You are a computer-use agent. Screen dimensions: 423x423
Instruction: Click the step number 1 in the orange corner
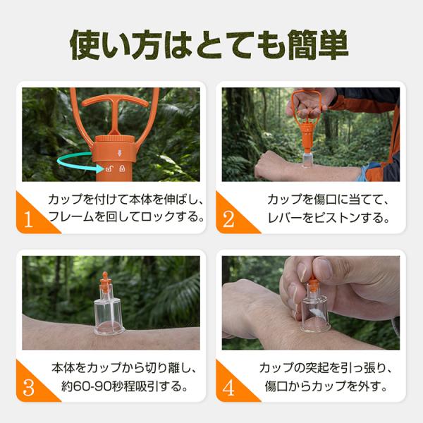pyautogui.click(x=28, y=219)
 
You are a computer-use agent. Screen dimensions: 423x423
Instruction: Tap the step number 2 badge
pyautogui.click(x=228, y=219)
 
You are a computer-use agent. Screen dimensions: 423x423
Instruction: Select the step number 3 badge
pyautogui.click(x=29, y=388)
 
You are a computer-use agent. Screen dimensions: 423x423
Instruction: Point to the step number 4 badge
pyautogui.click(x=228, y=388)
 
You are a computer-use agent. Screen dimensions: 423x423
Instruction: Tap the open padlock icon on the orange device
pyautogui.click(x=109, y=169)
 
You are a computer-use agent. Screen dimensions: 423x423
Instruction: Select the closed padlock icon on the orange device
pyautogui.click(x=122, y=168)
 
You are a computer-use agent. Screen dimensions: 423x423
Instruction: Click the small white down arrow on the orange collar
pyautogui.click(x=120, y=153)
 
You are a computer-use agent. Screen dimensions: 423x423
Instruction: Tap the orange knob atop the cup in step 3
pyautogui.click(x=104, y=282)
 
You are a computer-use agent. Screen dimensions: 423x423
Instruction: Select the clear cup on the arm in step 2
pyautogui.click(x=307, y=160)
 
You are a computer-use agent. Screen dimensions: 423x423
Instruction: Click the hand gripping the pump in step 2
pyautogui.click(x=310, y=104)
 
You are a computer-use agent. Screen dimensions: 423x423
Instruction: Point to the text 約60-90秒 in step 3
pyautogui.click(x=91, y=386)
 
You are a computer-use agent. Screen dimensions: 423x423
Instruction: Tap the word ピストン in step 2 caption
pyautogui.click(x=337, y=218)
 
